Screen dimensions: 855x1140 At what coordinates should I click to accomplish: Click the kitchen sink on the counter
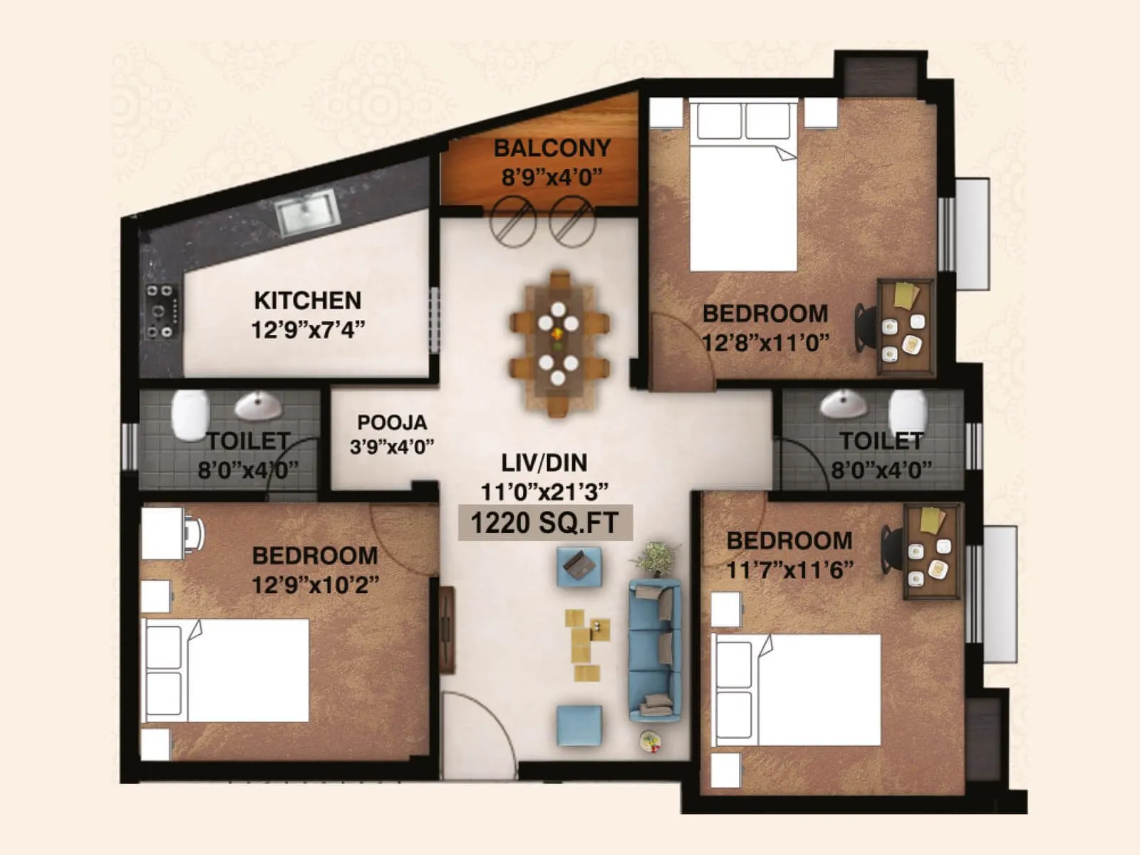[x=306, y=211]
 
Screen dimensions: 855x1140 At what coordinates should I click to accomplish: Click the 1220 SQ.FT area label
[x=544, y=523]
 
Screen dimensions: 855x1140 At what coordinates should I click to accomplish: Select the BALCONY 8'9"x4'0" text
[x=552, y=162]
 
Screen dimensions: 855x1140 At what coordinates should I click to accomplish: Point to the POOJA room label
[x=392, y=423]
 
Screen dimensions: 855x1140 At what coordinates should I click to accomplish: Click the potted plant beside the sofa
[x=656, y=557]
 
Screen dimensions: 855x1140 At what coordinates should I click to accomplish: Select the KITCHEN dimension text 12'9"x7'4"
[x=308, y=330]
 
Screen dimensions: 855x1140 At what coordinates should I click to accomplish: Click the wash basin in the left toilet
[x=258, y=406]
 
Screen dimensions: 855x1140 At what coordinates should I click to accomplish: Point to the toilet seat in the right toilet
[x=908, y=412]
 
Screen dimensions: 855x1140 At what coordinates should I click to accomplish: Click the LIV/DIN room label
[x=544, y=463]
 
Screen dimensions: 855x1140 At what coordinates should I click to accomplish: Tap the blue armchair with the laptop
[x=579, y=566]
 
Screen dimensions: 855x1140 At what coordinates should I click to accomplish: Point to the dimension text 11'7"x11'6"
[x=789, y=570]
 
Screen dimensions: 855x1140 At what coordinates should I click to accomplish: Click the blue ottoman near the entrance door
[x=579, y=725]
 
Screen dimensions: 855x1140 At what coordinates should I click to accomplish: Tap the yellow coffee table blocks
[x=586, y=641]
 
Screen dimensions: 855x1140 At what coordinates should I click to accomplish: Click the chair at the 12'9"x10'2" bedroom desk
[x=194, y=532]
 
